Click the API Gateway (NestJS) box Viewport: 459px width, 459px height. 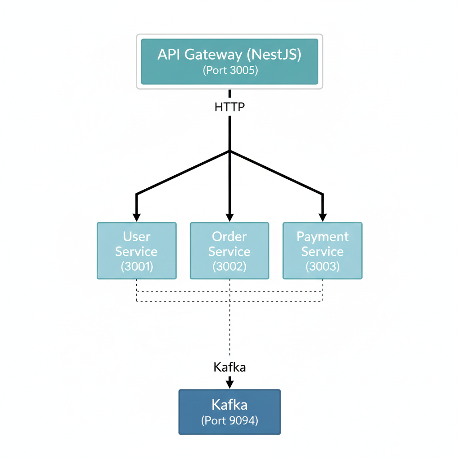pos(229,61)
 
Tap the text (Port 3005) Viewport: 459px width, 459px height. pos(230,71)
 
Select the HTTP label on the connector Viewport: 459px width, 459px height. pos(229,107)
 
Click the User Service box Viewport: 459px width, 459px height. pos(137,251)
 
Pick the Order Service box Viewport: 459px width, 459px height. pos(229,251)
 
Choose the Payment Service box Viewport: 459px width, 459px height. pos(322,251)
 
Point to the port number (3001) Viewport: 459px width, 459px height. pos(137,266)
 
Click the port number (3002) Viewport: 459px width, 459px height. pos(229,266)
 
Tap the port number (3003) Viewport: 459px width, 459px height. pos(322,266)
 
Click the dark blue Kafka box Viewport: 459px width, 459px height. pos(229,411)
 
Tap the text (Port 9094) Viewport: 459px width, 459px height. pos(229,421)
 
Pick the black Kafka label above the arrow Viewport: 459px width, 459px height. pos(229,368)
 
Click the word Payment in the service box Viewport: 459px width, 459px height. pos(322,237)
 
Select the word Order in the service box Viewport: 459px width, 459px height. pos(229,237)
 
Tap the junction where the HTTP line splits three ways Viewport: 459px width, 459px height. pos(229,151)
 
